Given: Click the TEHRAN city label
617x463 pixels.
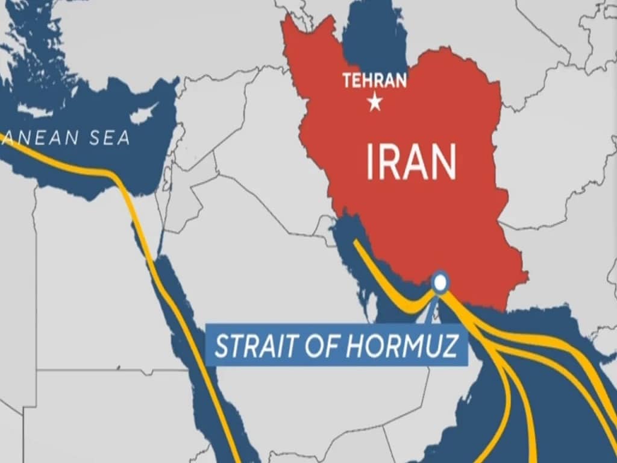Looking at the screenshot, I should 374,80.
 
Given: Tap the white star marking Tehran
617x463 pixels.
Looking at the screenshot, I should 375,103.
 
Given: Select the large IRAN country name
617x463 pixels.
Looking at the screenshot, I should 411,163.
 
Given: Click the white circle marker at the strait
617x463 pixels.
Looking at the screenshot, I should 441,282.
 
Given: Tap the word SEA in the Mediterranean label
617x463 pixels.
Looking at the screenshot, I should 109,138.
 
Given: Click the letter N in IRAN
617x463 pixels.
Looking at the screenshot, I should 442,163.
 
